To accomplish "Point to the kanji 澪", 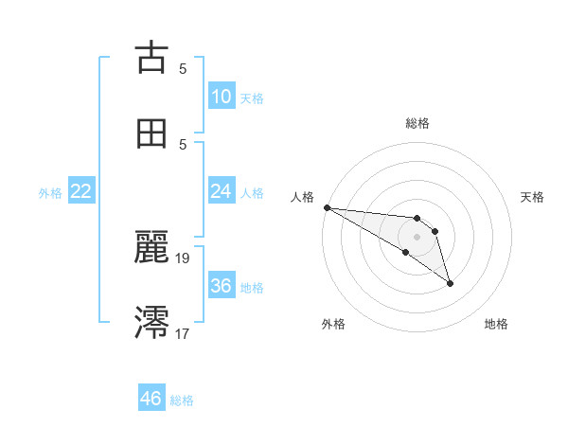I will click(x=151, y=322).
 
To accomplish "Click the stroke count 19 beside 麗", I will click(x=183, y=258).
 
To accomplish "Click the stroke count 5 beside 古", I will click(x=183, y=68).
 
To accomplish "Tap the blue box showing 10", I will click(x=221, y=97).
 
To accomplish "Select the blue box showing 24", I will click(x=221, y=191).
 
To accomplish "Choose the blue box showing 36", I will click(x=221, y=286).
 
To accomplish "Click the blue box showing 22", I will click(x=81, y=191).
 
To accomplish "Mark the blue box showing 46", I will click(x=151, y=399).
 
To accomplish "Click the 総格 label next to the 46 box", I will click(x=182, y=400).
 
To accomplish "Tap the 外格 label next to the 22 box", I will click(x=50, y=192).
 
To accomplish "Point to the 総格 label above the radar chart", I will click(x=417, y=123).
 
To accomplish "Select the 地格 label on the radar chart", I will click(x=496, y=324).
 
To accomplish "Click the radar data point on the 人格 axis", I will click(x=327, y=207).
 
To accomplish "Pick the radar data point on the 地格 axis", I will click(x=450, y=283).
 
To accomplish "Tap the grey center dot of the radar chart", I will click(x=417, y=237).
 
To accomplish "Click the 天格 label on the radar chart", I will click(x=532, y=197).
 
